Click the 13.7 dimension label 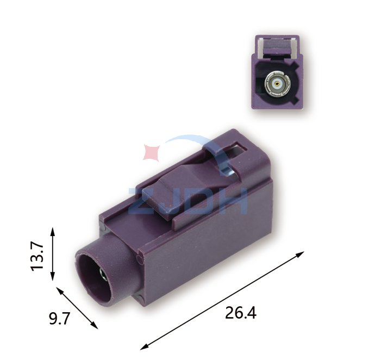[x=37, y=256]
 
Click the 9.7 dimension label [x=59, y=319]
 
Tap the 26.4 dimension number [x=240, y=313]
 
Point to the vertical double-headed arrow [x=53, y=254]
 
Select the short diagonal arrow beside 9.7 [x=77, y=308]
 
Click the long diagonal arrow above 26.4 [x=222, y=300]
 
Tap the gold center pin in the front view [x=277, y=84]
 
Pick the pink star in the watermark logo [x=152, y=152]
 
